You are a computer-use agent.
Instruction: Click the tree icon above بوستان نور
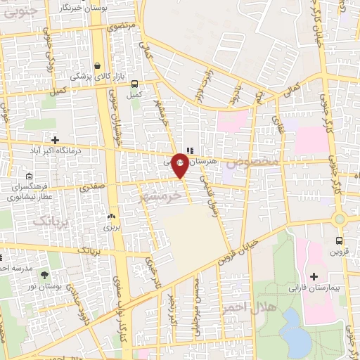point(46,275)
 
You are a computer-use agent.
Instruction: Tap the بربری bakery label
point(112,227)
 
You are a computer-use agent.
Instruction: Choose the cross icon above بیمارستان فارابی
point(314,276)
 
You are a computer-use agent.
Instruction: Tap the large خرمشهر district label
point(160,194)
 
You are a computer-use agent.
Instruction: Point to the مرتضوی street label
point(122,27)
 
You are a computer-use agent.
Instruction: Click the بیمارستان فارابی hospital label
point(314,288)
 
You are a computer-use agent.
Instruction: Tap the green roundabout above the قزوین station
point(340,219)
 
